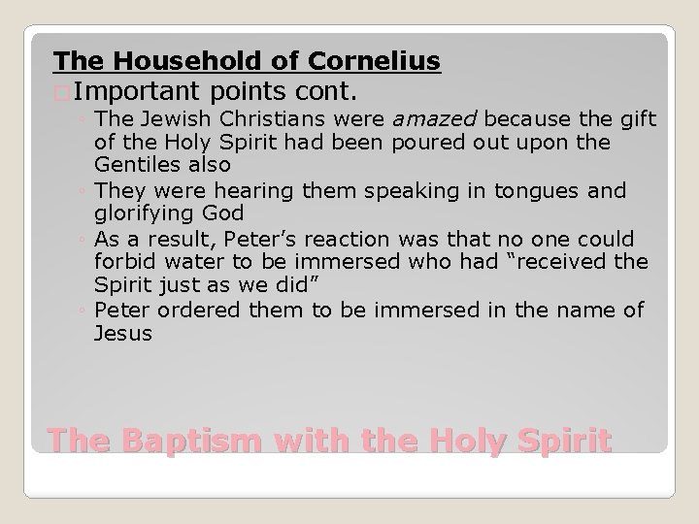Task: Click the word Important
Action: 135,92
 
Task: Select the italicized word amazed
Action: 436,119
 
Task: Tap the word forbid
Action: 122,263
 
